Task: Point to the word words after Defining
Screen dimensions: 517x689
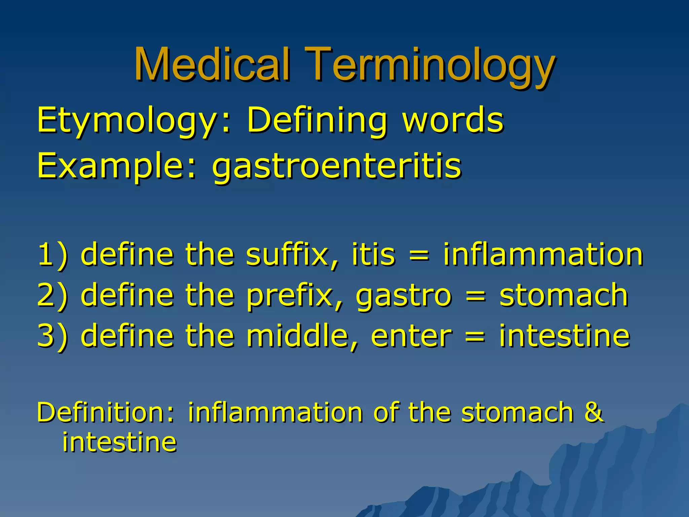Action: click(453, 120)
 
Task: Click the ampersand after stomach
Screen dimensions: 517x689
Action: click(594, 412)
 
